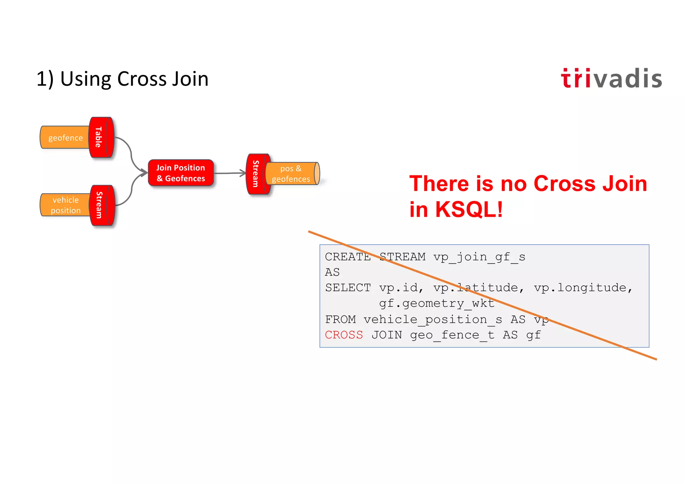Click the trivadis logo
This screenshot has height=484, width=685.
pos(611,79)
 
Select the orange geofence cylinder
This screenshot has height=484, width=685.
pos(65,137)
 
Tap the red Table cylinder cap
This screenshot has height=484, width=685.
pos(101,137)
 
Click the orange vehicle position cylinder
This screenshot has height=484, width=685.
pos(65,205)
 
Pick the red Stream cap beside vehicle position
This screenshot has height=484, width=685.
pos(102,205)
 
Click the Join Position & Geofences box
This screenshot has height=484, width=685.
pos(181,173)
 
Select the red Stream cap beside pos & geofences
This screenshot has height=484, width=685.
pos(258,174)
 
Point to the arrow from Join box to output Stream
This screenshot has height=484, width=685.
pos(230,173)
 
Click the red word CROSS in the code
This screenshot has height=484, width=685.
pos(344,335)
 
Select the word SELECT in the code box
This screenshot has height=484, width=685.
pos(348,288)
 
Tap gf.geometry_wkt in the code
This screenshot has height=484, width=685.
pos(436,303)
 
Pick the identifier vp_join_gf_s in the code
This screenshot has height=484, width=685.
pos(479,257)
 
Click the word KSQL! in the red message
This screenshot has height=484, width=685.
pos(469,209)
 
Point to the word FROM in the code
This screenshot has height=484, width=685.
pos(340,319)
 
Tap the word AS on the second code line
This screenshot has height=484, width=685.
pos(332,272)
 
